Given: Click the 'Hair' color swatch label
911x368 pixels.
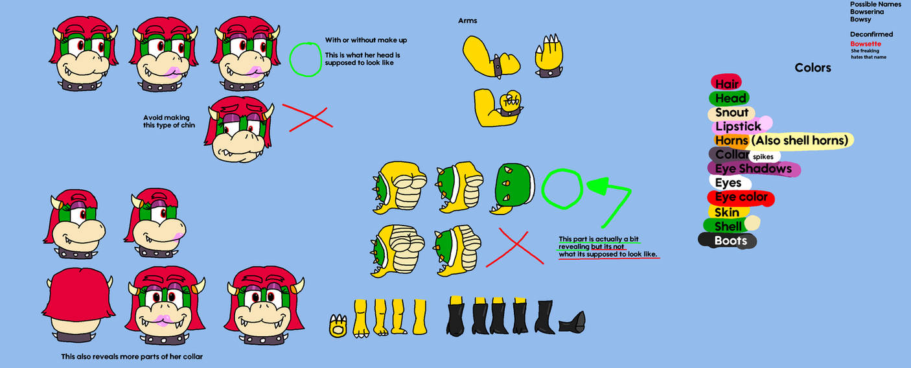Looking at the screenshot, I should tap(726, 84).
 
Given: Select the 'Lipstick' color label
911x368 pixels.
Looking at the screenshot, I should tap(738, 126).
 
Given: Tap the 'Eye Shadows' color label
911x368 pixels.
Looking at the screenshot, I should tap(753, 168).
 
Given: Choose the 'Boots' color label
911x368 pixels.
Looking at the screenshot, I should tap(730, 240).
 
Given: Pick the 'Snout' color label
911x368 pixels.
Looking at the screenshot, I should tap(732, 112).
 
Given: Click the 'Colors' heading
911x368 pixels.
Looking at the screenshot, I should tap(813, 67).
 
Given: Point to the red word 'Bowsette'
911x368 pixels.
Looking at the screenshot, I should tap(866, 44).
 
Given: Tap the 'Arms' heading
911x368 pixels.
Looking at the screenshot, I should tap(467, 21).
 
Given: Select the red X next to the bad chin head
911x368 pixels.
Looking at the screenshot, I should tap(307, 117).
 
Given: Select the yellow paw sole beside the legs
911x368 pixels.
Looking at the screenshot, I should tap(337, 326).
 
